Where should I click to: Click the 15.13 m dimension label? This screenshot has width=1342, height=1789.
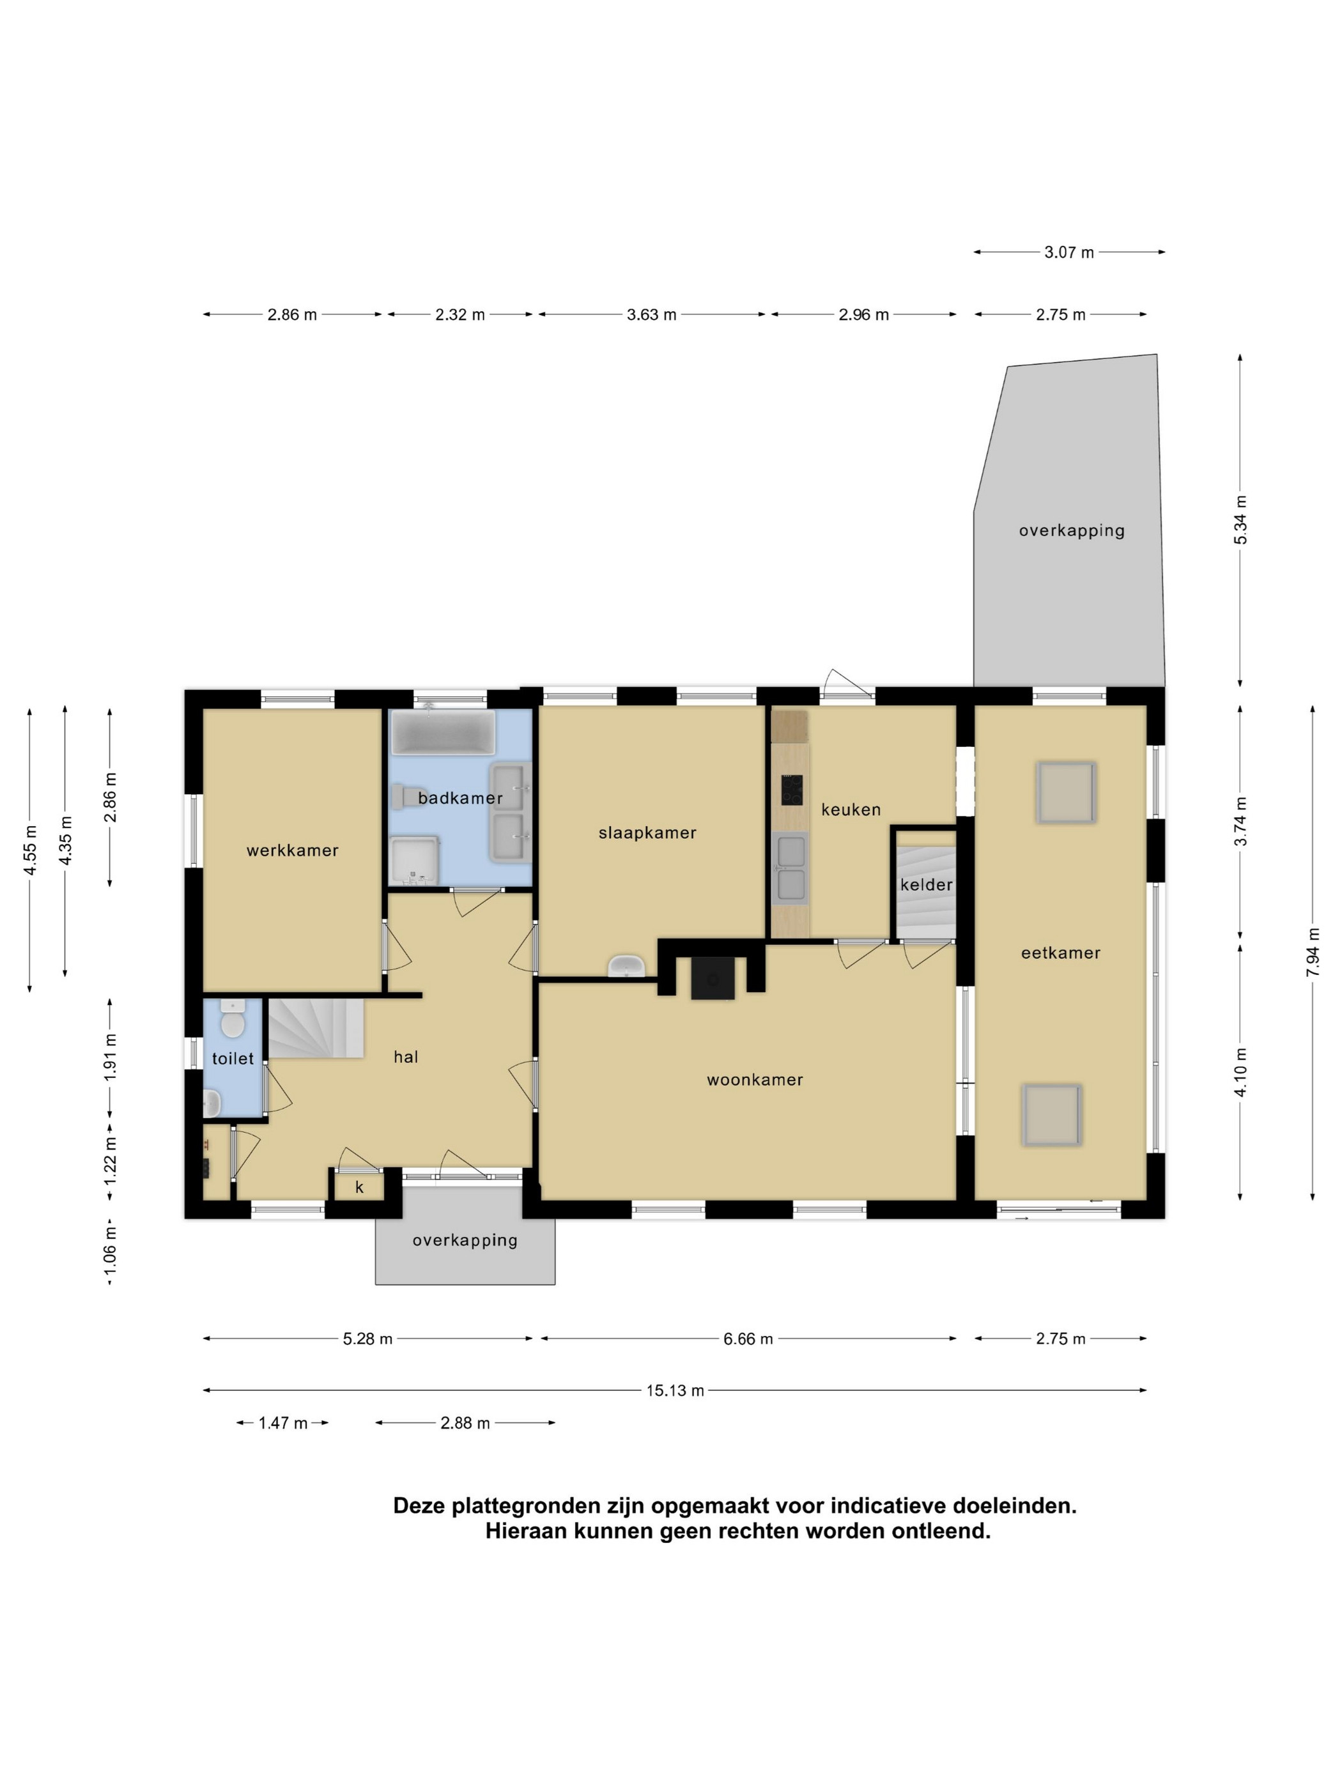point(675,1390)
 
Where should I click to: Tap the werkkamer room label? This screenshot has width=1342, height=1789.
point(292,850)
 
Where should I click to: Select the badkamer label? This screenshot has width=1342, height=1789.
point(460,798)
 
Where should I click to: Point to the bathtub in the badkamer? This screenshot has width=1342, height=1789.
point(442,732)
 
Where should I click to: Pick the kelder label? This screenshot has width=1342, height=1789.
point(926,885)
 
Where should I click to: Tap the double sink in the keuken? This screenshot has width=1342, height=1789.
point(791,868)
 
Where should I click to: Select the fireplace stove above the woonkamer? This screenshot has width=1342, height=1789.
point(713,978)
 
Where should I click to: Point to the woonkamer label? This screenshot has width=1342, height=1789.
point(755,1080)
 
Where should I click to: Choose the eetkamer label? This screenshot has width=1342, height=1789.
point(1060,953)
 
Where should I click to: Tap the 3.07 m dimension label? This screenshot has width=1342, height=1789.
point(1068,252)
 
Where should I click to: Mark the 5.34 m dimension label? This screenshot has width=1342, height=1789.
point(1240,519)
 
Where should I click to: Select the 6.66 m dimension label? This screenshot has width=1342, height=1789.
point(748,1339)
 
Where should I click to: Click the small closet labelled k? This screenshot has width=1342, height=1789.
point(359,1187)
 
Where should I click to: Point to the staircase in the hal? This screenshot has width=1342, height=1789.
point(316,1028)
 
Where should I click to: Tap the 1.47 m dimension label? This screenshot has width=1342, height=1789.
point(282,1423)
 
